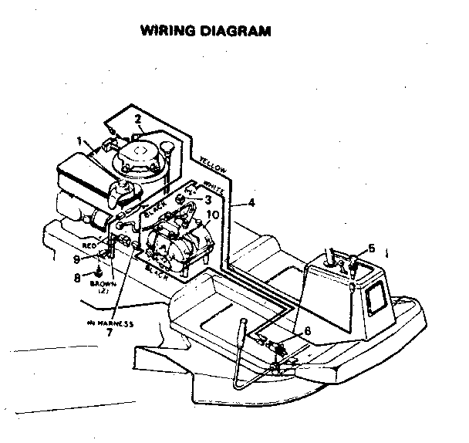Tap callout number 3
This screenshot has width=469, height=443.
[x=208, y=199]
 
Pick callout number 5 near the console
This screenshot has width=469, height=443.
[x=370, y=248]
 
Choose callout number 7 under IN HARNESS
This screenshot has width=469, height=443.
[x=110, y=333]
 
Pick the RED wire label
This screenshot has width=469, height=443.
[x=89, y=244]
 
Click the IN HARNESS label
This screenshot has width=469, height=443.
[x=110, y=323]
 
